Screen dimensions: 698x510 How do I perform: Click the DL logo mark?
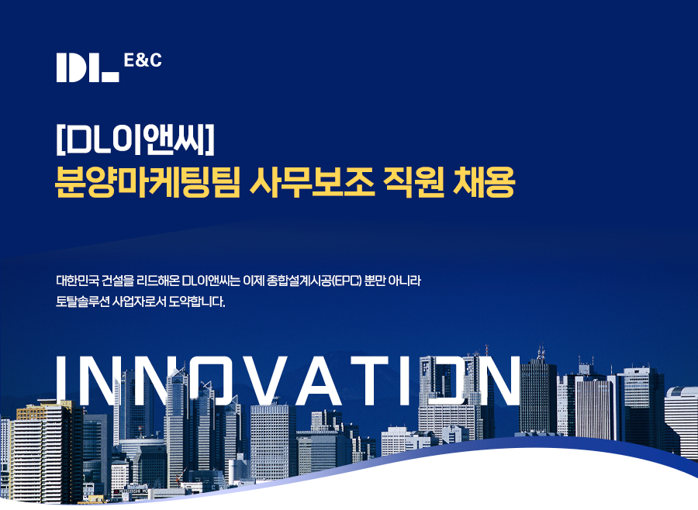pos(88,67)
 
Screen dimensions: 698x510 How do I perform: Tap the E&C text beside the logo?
pos(143,60)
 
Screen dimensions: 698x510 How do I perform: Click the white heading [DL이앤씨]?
pos(135,140)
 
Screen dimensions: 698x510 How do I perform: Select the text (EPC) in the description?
pos(347,281)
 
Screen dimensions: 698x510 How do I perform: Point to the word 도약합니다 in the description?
pos(197,302)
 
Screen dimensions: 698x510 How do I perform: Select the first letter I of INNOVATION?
pos(62,381)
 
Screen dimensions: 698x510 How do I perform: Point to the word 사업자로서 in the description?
pos(139,302)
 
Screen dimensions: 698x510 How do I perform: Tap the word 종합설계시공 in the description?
pos(299,281)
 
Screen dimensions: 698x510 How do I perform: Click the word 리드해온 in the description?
pos(158,281)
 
